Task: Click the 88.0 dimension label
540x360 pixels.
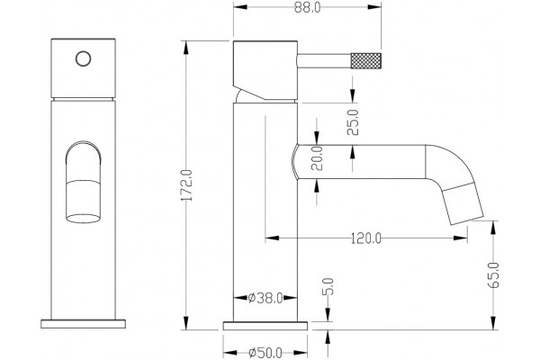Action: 307,8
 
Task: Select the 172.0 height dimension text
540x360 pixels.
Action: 187,185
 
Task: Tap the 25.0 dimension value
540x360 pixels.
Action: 353,122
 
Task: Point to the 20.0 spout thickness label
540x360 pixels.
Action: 317,158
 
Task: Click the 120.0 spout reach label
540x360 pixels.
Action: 366,238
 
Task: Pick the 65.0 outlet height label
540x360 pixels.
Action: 494,274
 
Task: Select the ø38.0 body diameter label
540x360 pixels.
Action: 265,298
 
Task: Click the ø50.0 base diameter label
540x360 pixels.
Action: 265,353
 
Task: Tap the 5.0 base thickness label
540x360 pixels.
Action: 328,286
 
